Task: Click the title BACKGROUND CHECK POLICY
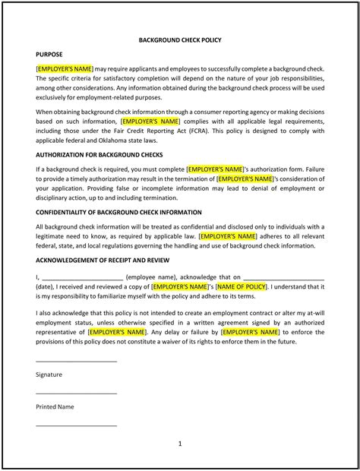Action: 180,40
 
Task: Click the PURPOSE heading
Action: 49,55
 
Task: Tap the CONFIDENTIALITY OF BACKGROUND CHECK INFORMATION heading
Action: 118,212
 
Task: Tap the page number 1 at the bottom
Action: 180,442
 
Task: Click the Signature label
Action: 49,375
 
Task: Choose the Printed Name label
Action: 55,406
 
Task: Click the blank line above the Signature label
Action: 76,361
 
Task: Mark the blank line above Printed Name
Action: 76,393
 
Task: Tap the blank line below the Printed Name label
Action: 76,425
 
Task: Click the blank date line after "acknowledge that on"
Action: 284,279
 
